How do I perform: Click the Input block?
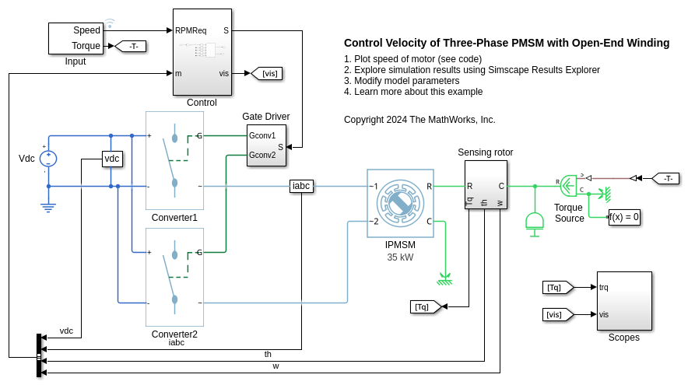pos(76,37)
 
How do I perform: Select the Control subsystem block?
pos(202,51)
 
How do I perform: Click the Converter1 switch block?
pos(174,160)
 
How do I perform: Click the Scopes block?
pos(623,300)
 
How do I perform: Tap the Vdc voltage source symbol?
pos(49,159)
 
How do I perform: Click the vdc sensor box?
pos(113,159)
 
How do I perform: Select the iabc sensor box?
pos(301,186)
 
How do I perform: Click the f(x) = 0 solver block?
pos(624,217)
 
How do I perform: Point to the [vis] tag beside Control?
pos(266,73)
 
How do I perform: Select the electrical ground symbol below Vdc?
pos(48,205)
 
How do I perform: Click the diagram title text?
pos(506,44)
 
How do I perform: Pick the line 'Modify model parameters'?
pos(401,81)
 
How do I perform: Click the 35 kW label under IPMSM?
pos(400,257)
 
